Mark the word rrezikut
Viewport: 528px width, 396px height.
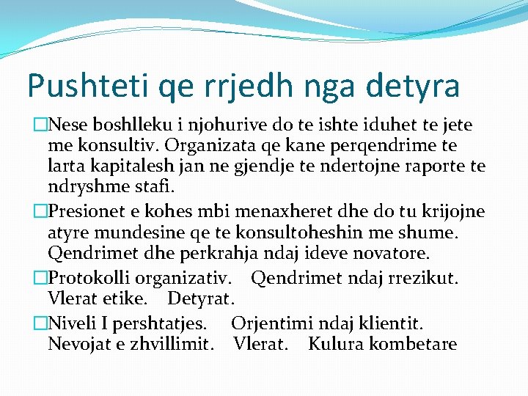[423, 279]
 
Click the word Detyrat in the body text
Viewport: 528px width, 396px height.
[200, 299]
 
